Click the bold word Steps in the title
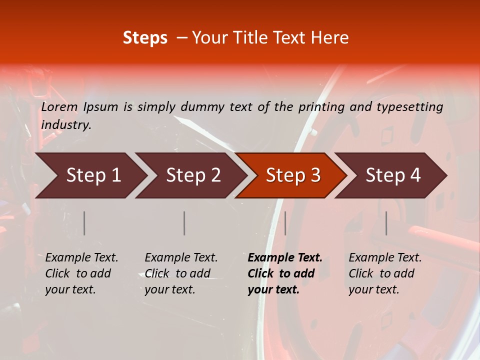pos(145,38)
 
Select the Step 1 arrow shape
pos(90,175)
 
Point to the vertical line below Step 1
pos(84,223)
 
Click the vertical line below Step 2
pos(184,223)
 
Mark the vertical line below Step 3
pos(285,223)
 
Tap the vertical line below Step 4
pos(386,223)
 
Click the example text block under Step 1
pos(81,273)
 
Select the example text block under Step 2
pos(181,273)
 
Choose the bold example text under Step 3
pos(285,273)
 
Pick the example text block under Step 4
pos(385,273)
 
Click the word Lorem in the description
pos(59,107)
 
